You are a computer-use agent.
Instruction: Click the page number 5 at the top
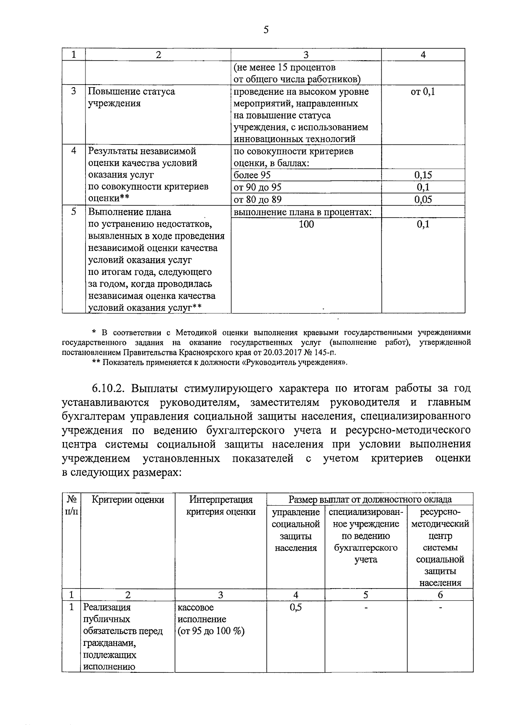pyautogui.click(x=265, y=29)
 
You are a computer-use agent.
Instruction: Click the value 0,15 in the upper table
pyautogui.click(x=423, y=175)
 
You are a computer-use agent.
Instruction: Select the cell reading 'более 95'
pyautogui.click(x=252, y=175)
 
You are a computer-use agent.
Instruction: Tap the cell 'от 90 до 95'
pyautogui.click(x=258, y=187)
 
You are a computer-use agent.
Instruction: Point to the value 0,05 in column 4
pyautogui.click(x=423, y=200)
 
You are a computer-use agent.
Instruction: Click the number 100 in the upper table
pyautogui.click(x=306, y=224)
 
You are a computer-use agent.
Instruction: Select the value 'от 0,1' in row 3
pyautogui.click(x=423, y=91)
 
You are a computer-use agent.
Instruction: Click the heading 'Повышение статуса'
pyautogui.click(x=131, y=91)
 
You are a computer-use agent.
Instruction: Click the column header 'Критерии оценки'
pyautogui.click(x=128, y=500)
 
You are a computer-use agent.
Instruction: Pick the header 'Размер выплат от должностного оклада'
pyautogui.click(x=370, y=499)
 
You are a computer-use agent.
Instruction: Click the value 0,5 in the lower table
pyautogui.click(x=296, y=607)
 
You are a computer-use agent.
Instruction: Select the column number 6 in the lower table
pyautogui.click(x=440, y=594)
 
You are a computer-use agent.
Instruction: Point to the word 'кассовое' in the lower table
pyautogui.click(x=196, y=607)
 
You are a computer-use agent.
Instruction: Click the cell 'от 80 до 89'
pyautogui.click(x=258, y=200)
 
